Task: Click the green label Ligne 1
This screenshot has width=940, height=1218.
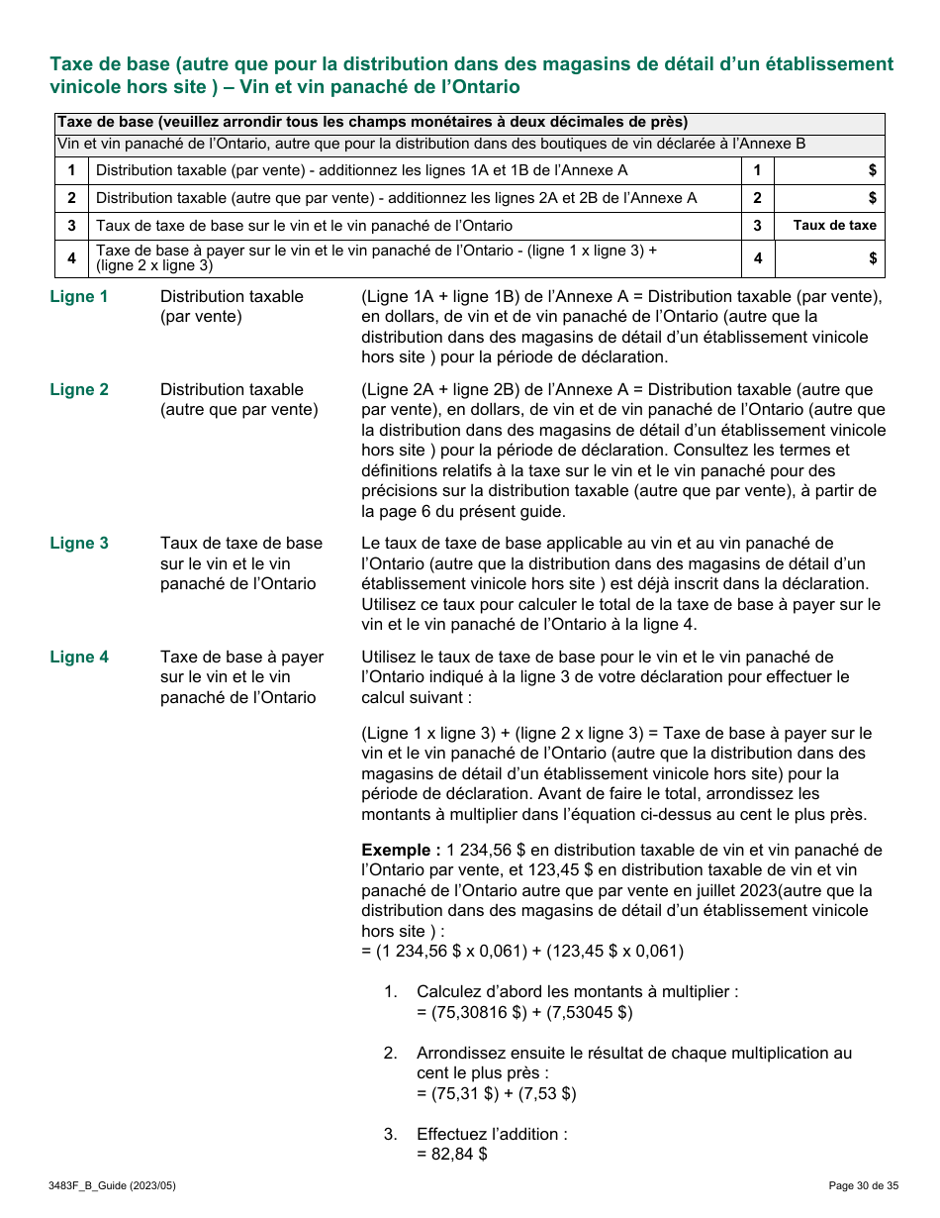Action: point(79,297)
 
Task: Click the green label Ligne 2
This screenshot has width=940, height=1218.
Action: point(79,390)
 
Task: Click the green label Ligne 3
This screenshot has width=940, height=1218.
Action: point(79,544)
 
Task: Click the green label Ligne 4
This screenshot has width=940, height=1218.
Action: point(79,658)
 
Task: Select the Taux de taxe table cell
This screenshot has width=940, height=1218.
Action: point(834,226)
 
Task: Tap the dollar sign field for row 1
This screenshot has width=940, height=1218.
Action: point(828,171)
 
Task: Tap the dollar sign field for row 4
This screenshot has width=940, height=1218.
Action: point(828,258)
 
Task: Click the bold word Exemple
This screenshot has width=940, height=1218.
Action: point(401,851)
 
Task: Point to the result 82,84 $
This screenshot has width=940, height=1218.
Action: point(452,1155)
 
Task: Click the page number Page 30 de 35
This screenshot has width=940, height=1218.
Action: point(863,1185)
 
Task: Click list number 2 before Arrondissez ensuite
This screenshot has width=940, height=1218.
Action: point(391,1054)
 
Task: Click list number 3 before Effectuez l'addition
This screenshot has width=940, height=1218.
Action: point(391,1135)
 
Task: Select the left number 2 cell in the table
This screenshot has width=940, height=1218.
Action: point(71,199)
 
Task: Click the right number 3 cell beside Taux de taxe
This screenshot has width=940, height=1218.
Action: point(757,226)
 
